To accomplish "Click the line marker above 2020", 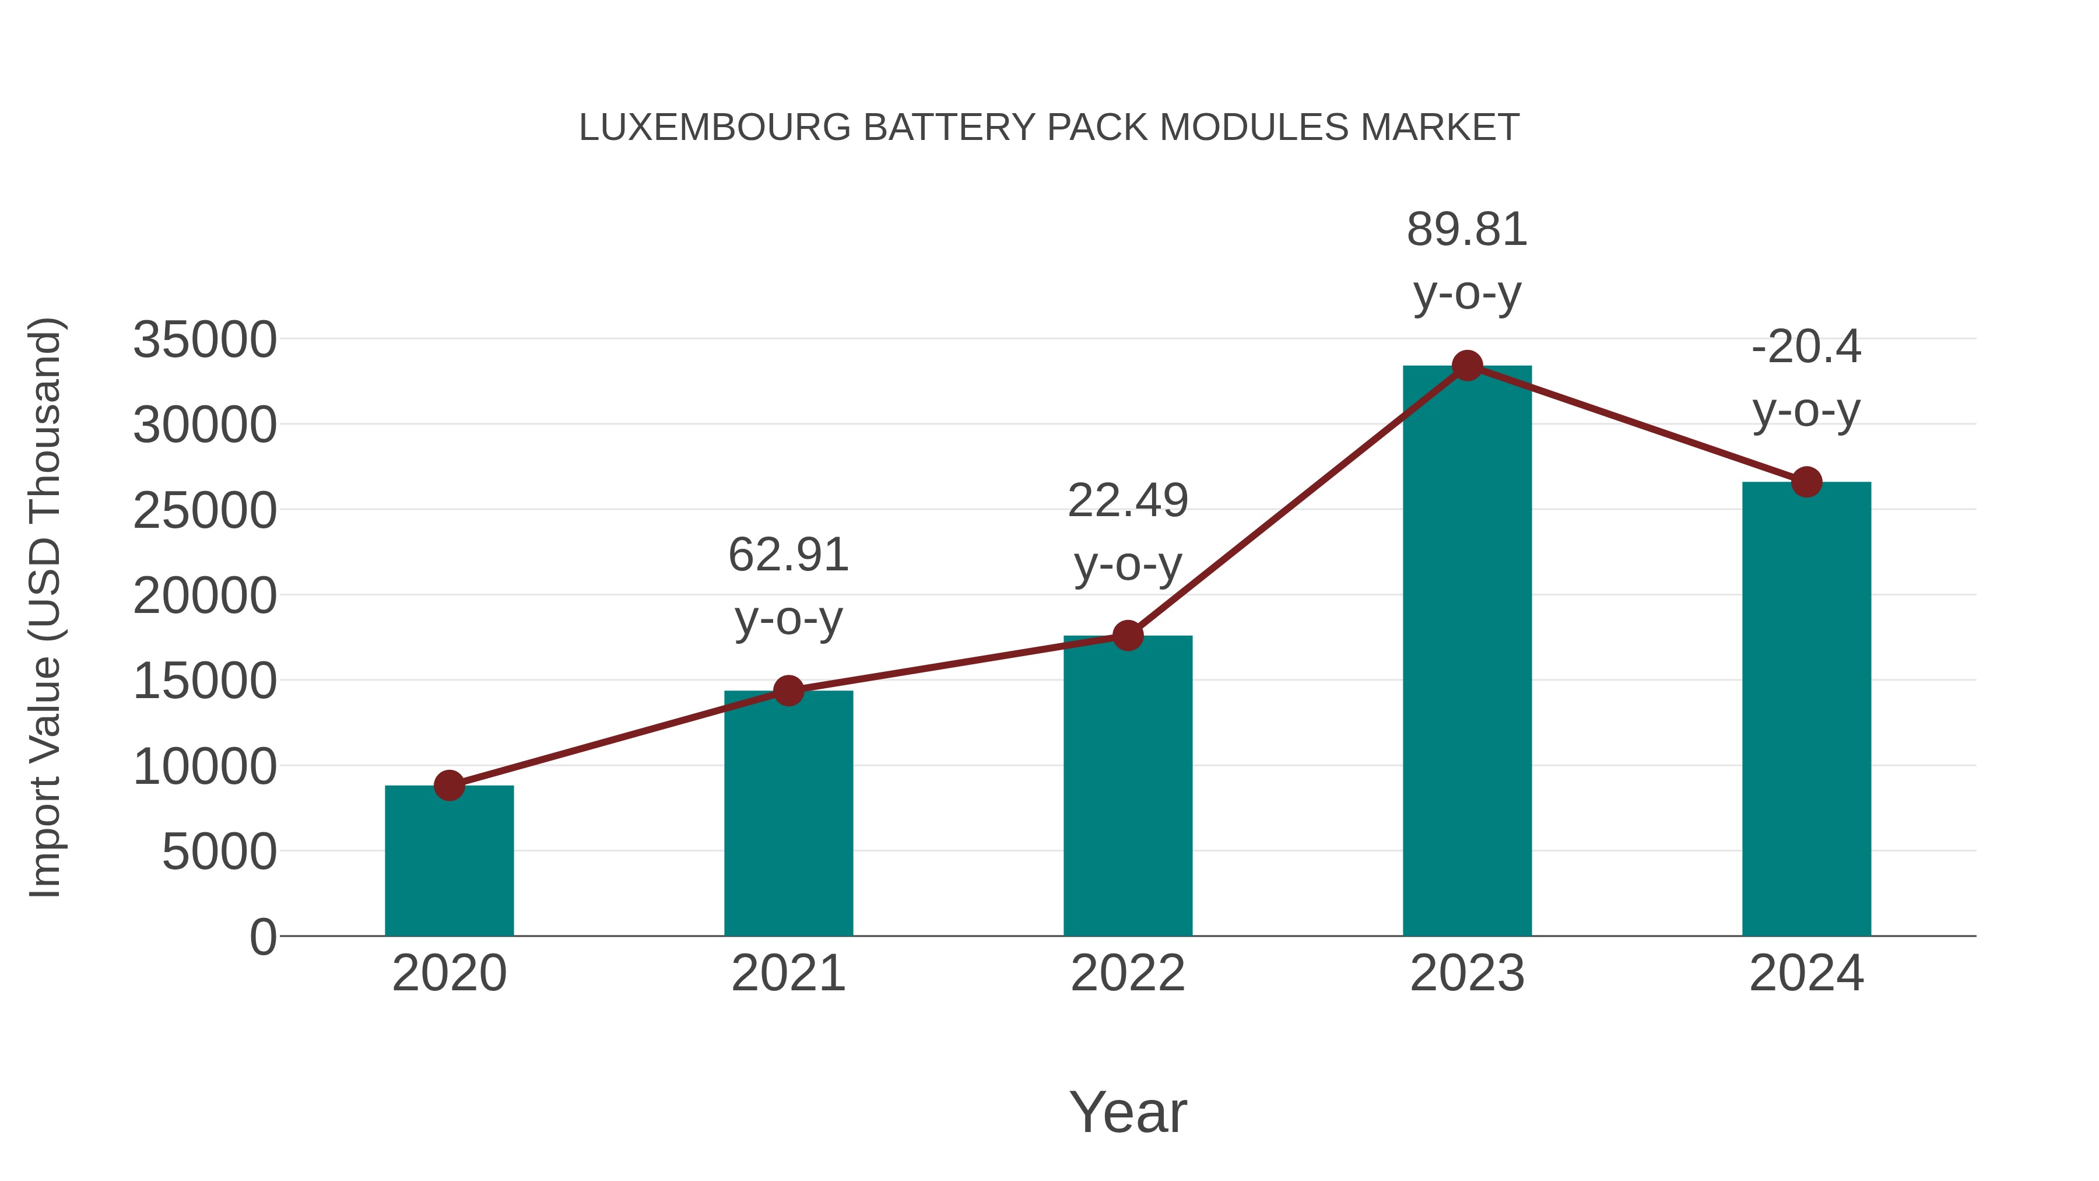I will click(449, 786).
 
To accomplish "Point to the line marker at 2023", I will click(1467, 366).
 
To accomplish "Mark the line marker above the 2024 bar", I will click(1806, 482).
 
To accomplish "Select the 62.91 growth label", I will click(788, 556).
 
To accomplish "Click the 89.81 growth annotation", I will click(1467, 230).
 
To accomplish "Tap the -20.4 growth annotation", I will click(1806, 347).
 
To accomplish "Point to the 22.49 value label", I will click(1128, 501).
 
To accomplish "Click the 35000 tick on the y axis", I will click(205, 340).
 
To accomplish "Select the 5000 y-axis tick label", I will click(219, 853).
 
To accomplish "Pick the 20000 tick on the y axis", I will click(205, 596).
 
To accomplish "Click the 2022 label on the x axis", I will click(1128, 973).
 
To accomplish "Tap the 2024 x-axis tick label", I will click(1806, 973).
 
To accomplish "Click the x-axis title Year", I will click(1128, 1112).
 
